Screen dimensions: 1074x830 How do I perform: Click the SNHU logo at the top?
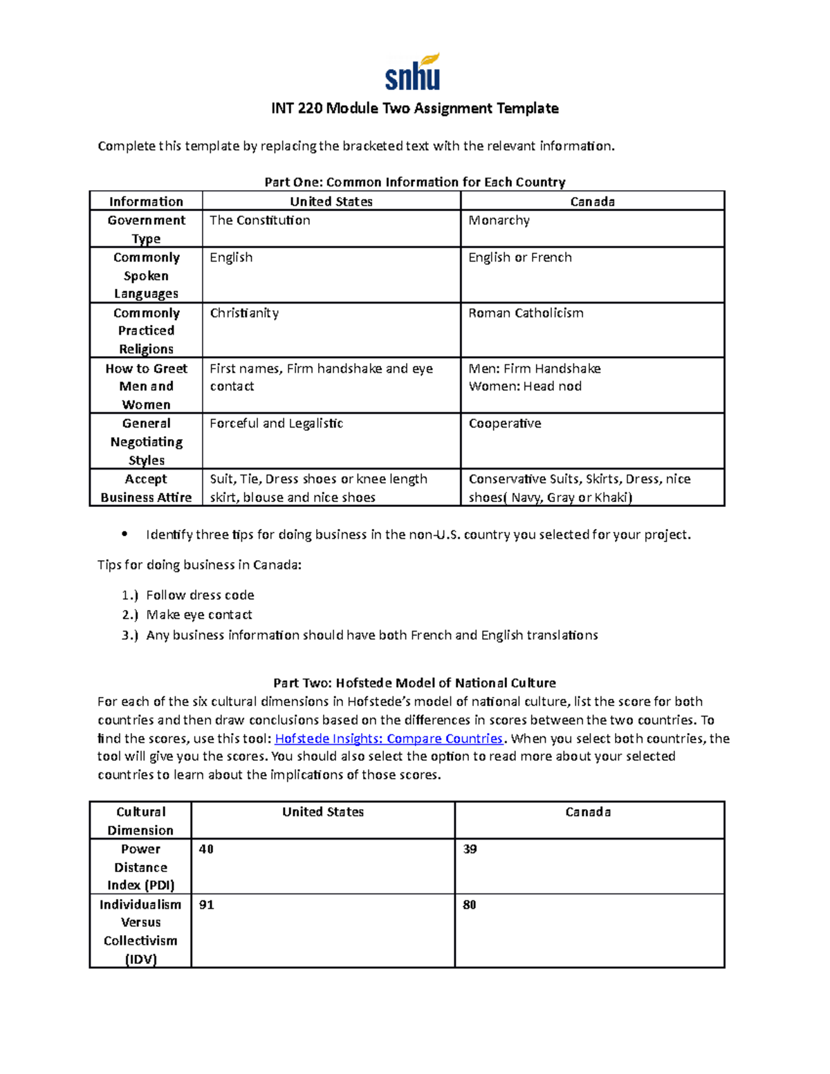pyautogui.click(x=413, y=73)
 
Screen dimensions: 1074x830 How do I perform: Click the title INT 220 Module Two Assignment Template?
pyautogui.click(x=414, y=109)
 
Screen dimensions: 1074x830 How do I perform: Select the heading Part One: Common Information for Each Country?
pyautogui.click(x=414, y=182)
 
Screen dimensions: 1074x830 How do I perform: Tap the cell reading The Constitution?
pyautogui.click(x=260, y=221)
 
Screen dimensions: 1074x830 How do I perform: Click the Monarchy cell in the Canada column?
pyautogui.click(x=499, y=221)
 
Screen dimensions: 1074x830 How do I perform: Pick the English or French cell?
pyautogui.click(x=519, y=257)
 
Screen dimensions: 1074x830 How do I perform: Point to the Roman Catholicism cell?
pyautogui.click(x=526, y=313)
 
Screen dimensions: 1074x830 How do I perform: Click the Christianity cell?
pyautogui.click(x=244, y=313)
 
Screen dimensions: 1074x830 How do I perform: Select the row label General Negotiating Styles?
pyautogui.click(x=146, y=442)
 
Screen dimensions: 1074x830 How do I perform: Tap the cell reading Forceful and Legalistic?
pyautogui.click(x=276, y=424)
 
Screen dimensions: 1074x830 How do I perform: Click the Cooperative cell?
pyautogui.click(x=505, y=424)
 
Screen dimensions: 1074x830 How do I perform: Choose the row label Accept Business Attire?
pyautogui.click(x=146, y=488)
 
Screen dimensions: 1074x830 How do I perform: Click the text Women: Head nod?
pyautogui.click(x=525, y=387)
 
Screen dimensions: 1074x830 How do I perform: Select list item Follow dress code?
pyautogui.click(x=200, y=595)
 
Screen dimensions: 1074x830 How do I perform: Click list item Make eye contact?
pyautogui.click(x=199, y=615)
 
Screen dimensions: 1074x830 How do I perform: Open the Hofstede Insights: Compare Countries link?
pyautogui.click(x=389, y=739)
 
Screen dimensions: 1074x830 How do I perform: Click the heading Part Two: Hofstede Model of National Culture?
pyautogui.click(x=414, y=683)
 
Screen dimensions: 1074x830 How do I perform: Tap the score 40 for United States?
pyautogui.click(x=206, y=849)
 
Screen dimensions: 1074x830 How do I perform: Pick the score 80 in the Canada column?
pyautogui.click(x=470, y=905)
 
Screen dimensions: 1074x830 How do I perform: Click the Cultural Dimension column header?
pyautogui.click(x=140, y=821)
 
